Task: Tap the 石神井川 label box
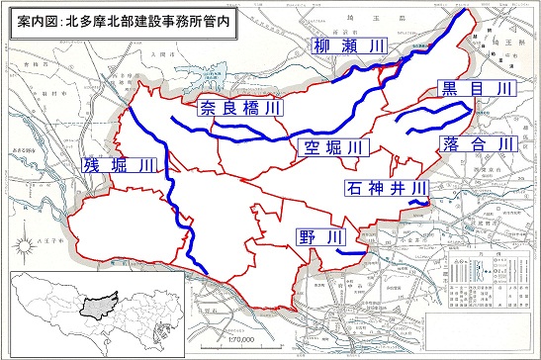pos(386,186)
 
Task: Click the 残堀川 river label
pos(120,166)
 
